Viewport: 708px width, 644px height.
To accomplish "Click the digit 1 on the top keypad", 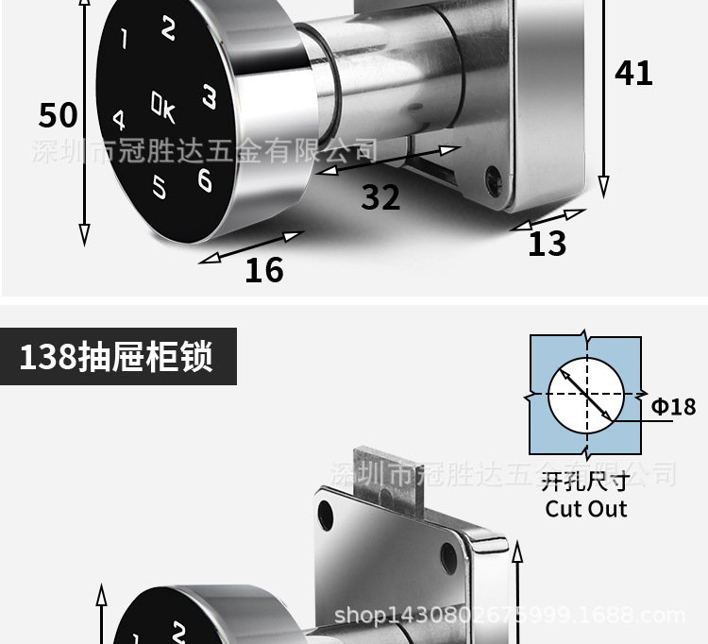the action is (x=123, y=39).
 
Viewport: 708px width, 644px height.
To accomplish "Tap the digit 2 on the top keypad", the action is (x=168, y=29).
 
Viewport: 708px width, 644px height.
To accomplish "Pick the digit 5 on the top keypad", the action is (x=159, y=188).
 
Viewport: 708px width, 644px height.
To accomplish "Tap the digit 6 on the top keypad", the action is (x=205, y=178).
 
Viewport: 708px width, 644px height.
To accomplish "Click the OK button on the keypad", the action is (x=163, y=107).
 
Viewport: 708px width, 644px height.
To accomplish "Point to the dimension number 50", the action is (x=58, y=115).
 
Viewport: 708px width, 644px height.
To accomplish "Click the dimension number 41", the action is (x=633, y=73).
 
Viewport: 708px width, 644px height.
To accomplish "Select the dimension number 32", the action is (x=380, y=197).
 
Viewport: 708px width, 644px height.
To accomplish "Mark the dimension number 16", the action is (x=263, y=271).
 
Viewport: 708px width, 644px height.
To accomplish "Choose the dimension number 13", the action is (x=547, y=244).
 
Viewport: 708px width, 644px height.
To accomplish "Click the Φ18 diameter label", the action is (x=673, y=406).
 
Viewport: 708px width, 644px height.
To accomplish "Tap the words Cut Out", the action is (x=586, y=509).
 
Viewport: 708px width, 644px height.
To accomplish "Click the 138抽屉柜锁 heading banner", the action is (x=116, y=357).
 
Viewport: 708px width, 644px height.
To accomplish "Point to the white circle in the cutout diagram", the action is (x=586, y=394).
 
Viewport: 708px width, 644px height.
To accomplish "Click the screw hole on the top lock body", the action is (x=491, y=176).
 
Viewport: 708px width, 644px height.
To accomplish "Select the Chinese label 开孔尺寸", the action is (x=585, y=483).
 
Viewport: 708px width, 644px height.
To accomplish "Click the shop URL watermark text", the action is (x=510, y=617).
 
